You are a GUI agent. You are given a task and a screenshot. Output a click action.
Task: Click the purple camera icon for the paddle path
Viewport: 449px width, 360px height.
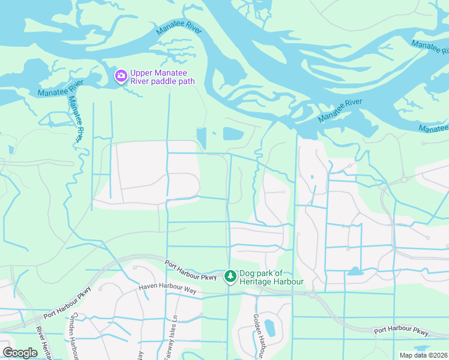(121, 76)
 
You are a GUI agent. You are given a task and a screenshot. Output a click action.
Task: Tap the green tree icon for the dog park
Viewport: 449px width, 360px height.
(229, 277)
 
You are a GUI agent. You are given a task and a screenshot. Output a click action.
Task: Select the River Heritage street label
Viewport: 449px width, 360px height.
(41, 344)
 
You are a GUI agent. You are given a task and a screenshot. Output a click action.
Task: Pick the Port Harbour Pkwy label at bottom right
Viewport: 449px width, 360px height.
(401, 331)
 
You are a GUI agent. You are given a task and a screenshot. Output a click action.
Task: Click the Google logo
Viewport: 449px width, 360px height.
(20, 352)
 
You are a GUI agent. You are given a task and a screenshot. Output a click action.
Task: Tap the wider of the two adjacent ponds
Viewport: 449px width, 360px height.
(233, 134)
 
